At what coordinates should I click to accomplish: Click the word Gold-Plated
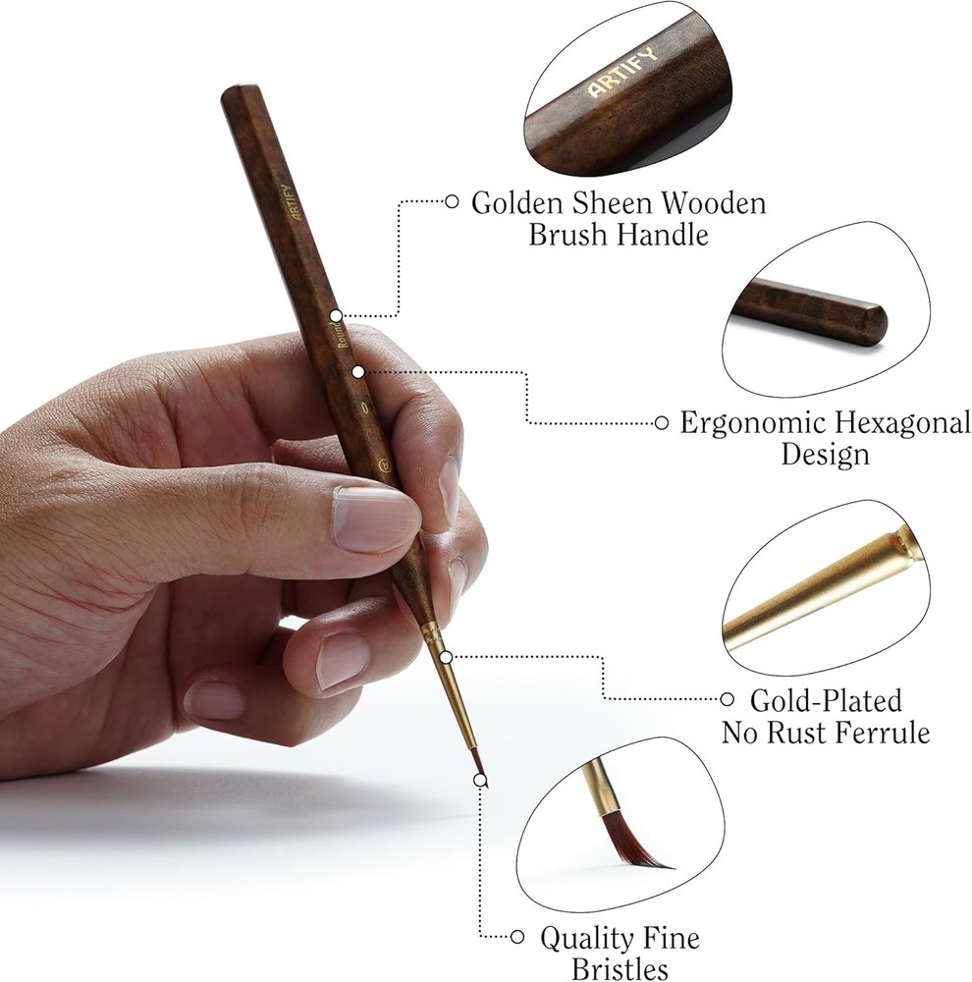pyautogui.click(x=826, y=700)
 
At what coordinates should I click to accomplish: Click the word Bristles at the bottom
pyautogui.click(x=620, y=968)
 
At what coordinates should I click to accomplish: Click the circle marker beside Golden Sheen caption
pyautogui.click(x=452, y=201)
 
